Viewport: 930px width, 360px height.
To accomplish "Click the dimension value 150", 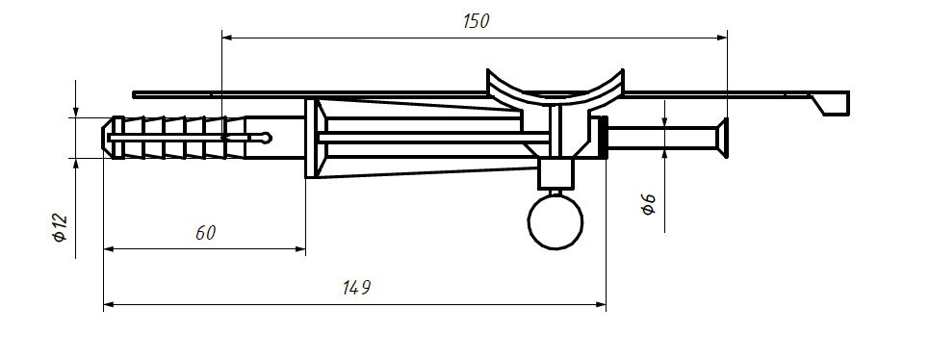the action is coord(476,21).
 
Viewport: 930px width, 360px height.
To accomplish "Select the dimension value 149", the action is coord(357,288).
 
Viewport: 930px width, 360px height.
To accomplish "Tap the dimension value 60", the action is coord(205,233).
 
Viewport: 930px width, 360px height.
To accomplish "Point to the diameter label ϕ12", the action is coord(60,228).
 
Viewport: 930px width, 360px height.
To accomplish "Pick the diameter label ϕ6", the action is coord(648,203).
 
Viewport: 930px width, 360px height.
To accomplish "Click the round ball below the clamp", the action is coord(555,221).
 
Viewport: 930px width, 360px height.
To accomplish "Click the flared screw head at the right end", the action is coord(723,139).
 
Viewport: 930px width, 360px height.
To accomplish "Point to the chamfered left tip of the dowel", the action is coord(108,139).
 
